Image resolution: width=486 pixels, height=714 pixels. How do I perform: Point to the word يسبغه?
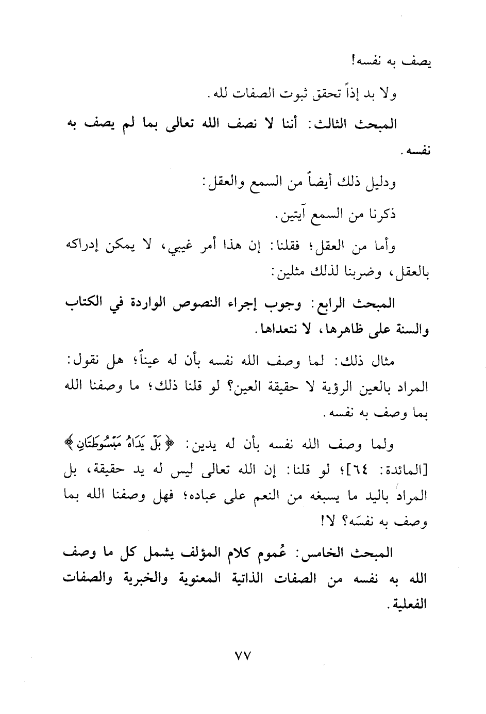pos(316,497)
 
